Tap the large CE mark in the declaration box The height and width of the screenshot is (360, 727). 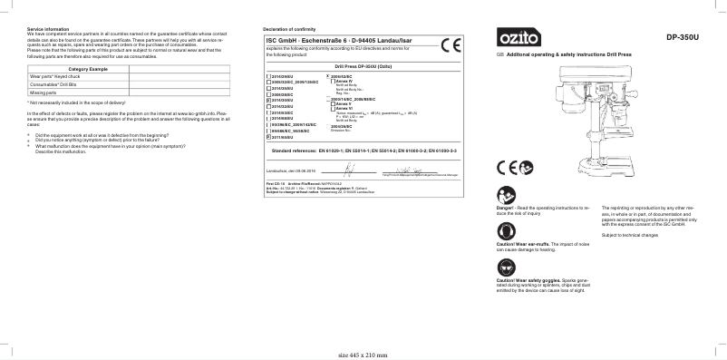click(x=451, y=45)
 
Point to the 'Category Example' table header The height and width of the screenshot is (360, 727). click(x=88, y=70)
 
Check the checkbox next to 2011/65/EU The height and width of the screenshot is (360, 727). click(x=267, y=137)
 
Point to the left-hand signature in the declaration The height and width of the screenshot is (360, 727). click(x=349, y=170)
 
